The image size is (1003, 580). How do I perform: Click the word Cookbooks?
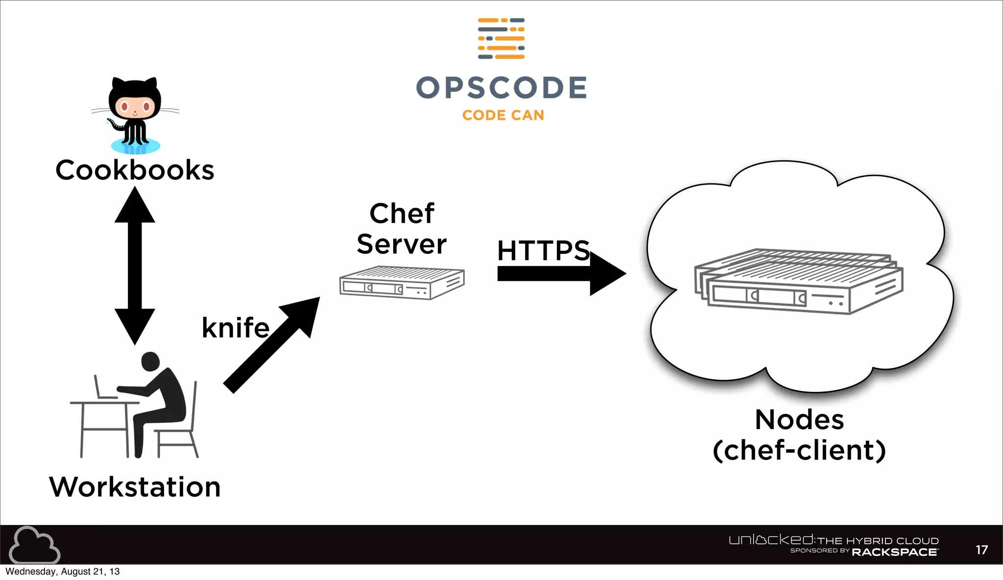click(x=135, y=170)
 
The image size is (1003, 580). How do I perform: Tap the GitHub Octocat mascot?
click(x=135, y=115)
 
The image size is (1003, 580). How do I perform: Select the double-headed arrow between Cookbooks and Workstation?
click(x=135, y=266)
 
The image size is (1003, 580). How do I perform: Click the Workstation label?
click(x=135, y=487)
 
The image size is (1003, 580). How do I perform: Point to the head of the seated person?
click(x=150, y=362)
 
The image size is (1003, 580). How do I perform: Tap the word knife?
click(x=236, y=328)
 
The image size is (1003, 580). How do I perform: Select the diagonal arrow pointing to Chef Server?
click(x=272, y=345)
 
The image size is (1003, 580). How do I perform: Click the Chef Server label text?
click(x=402, y=229)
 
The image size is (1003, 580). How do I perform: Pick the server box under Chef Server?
click(x=402, y=283)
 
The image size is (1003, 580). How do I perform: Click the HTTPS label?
click(x=543, y=251)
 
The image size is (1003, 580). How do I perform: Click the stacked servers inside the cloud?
click(x=798, y=282)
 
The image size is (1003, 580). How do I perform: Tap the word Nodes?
click(x=799, y=420)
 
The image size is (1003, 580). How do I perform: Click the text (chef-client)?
click(x=799, y=451)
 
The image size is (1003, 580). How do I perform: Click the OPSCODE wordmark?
click(x=501, y=88)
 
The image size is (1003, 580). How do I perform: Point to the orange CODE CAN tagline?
click(x=503, y=115)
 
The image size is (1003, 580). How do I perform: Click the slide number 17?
click(x=981, y=550)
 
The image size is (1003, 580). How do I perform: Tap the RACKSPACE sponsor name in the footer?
click(x=894, y=552)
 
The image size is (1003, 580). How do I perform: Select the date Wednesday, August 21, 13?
click(x=63, y=572)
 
